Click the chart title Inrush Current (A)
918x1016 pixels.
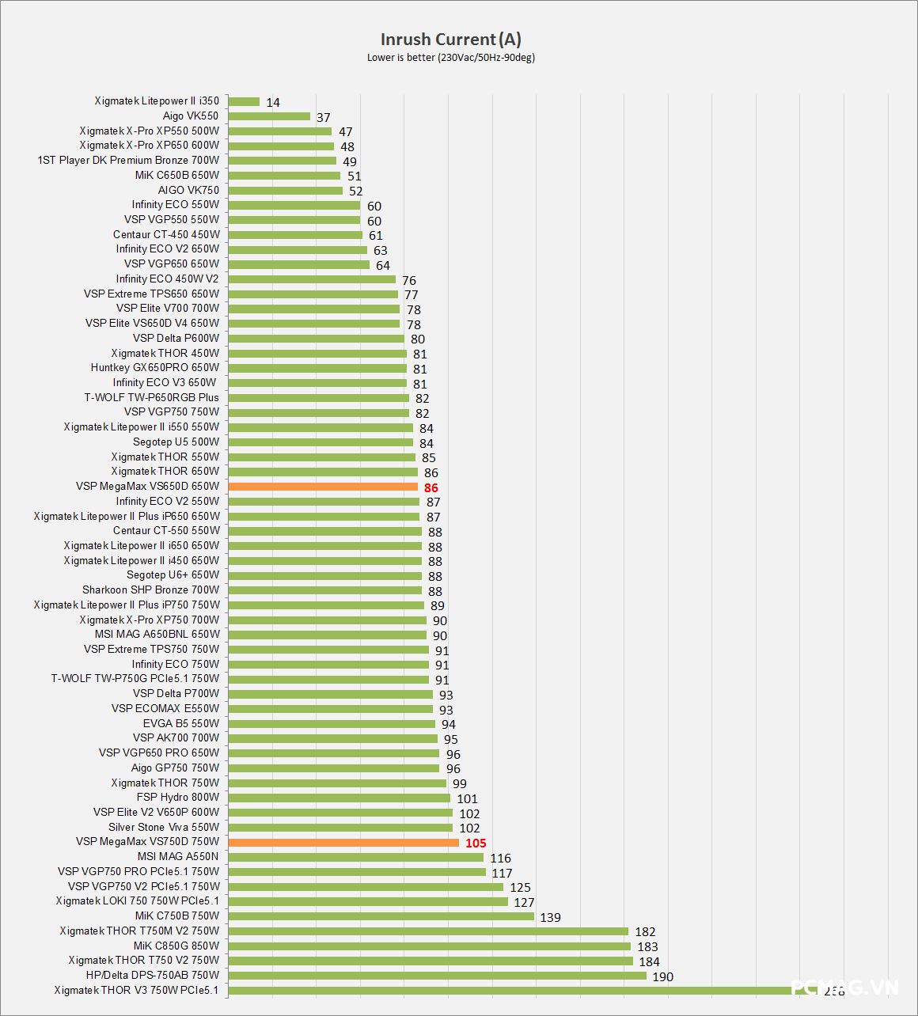coord(450,40)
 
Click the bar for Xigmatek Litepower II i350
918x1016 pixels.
coord(244,101)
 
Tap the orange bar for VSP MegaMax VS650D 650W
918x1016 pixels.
coord(323,487)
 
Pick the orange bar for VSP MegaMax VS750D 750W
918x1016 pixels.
coord(343,842)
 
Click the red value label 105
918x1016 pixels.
coord(476,844)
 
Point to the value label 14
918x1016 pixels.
coord(273,103)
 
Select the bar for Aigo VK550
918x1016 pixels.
coord(269,116)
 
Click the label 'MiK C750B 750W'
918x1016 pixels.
coord(176,916)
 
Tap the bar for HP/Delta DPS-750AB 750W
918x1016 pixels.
coord(437,976)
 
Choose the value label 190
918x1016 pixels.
coord(662,977)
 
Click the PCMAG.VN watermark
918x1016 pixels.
coord(844,988)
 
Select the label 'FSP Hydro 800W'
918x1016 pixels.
coord(177,798)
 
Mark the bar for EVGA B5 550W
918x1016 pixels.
coord(332,724)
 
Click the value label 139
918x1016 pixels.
coord(550,918)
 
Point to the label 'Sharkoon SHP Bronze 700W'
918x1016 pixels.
coord(150,590)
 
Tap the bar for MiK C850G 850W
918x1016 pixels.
coord(429,946)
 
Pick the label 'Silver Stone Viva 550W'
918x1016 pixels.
coord(164,827)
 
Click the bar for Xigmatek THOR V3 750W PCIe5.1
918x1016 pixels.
coord(514,991)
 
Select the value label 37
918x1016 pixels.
coord(323,118)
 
